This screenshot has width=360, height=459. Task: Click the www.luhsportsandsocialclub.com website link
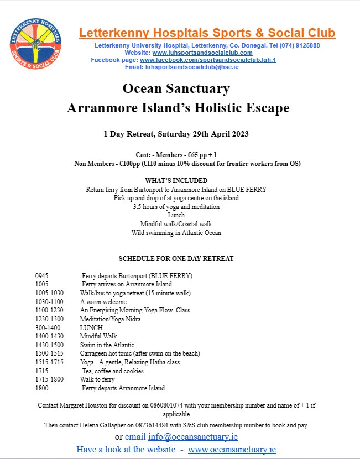pos(202,53)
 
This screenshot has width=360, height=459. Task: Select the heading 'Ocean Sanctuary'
pos(176,88)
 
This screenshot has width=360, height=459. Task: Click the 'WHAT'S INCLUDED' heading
pos(176,181)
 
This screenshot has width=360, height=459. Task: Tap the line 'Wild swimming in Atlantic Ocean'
pos(176,233)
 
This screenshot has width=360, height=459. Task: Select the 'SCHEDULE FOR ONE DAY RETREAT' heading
pos(176,259)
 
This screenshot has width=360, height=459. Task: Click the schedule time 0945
pos(42,275)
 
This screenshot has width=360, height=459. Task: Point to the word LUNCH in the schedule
pos(91,327)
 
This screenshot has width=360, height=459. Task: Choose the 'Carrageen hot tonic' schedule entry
pos(139,353)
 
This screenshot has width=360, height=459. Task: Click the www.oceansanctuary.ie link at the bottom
pos(232,450)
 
